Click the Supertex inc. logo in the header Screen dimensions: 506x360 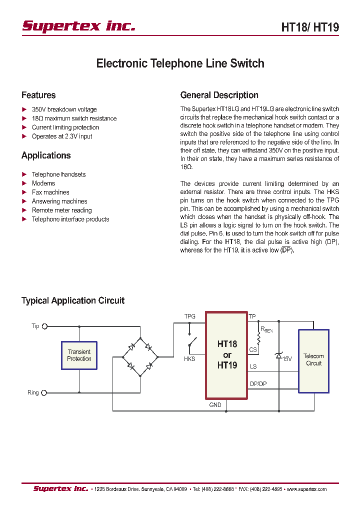78,25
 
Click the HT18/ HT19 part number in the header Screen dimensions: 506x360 310,27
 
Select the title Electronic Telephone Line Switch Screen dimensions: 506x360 180,63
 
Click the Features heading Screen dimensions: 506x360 38,95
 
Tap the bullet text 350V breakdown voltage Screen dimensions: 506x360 64,109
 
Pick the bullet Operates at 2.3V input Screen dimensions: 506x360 62,136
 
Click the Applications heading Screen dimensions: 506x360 46,155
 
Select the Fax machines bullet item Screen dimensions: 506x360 50,192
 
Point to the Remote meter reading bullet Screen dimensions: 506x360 61,210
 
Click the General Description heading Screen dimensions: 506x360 219,95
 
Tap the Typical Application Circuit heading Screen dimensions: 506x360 73,300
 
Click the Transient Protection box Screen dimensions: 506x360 79,355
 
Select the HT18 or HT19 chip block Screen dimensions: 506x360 226,355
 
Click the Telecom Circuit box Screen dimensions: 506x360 313,360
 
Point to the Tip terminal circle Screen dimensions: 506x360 44,326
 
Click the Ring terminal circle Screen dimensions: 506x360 44,393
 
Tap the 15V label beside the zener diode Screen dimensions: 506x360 287,359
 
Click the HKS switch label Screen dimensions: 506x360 189,359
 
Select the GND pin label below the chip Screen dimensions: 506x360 215,405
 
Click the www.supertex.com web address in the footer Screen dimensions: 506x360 307,489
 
